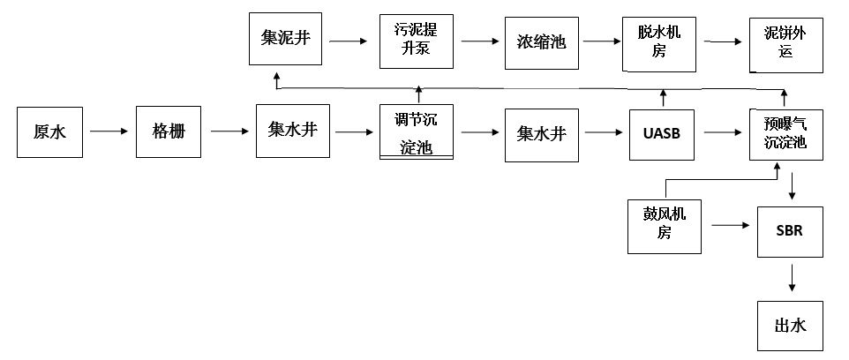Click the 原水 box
[x=49, y=132]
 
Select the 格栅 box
[x=168, y=132]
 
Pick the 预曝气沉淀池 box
[x=785, y=134]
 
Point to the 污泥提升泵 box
[x=417, y=41]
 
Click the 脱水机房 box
[x=659, y=41]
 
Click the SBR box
[x=790, y=231]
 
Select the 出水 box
[x=790, y=325]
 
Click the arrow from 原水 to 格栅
[x=109, y=132]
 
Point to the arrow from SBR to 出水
[x=792, y=278]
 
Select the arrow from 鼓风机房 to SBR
[x=730, y=226]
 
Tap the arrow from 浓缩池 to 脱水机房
[x=599, y=41]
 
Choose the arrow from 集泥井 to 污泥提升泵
[x=350, y=41]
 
